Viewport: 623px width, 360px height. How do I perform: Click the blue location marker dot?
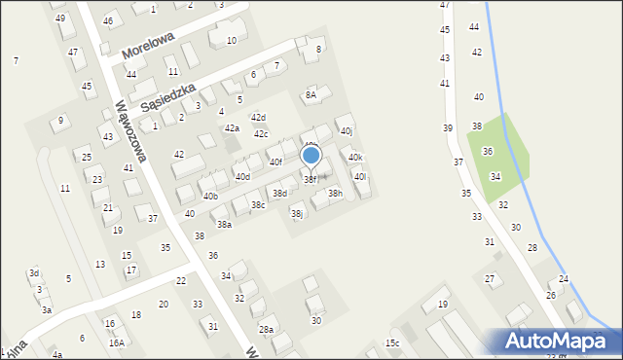311,155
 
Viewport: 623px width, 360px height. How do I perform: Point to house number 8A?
311,94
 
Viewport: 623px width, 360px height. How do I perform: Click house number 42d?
258,117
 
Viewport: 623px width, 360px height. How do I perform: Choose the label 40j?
346,130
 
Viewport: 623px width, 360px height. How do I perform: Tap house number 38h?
335,194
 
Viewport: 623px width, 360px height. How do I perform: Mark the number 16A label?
116,342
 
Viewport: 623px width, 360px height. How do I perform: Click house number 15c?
391,342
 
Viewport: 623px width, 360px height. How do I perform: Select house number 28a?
266,330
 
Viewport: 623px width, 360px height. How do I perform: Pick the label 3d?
34,272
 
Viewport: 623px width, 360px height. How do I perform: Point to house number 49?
60,18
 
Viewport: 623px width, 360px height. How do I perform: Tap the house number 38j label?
297,213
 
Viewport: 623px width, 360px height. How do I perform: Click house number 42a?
232,128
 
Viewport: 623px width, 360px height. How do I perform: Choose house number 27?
490,279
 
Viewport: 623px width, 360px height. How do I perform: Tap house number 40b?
210,197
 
